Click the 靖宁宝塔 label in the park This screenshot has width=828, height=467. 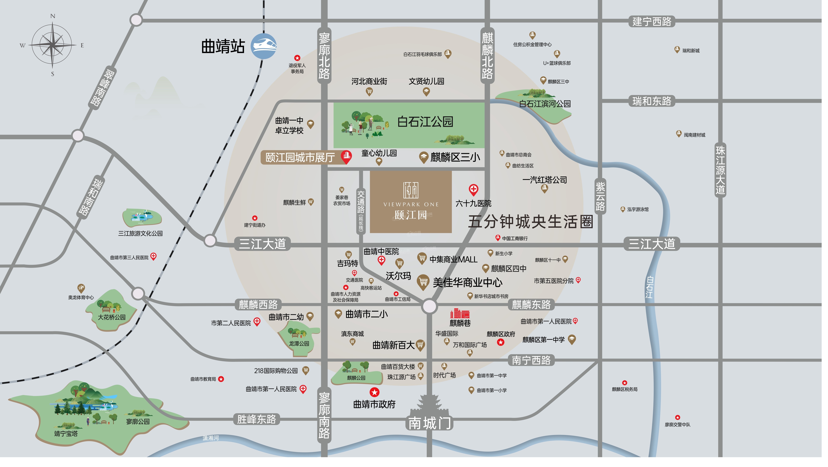point(66,434)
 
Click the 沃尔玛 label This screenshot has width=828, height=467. point(398,276)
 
